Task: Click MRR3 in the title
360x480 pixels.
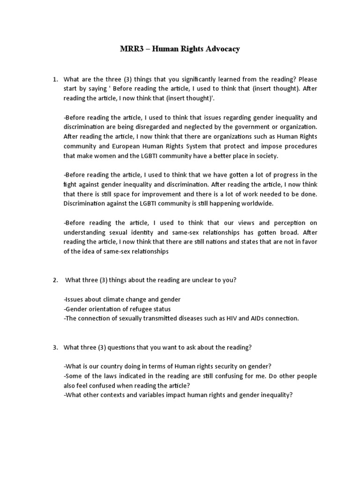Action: point(127,49)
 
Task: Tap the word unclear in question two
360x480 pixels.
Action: point(185,280)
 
